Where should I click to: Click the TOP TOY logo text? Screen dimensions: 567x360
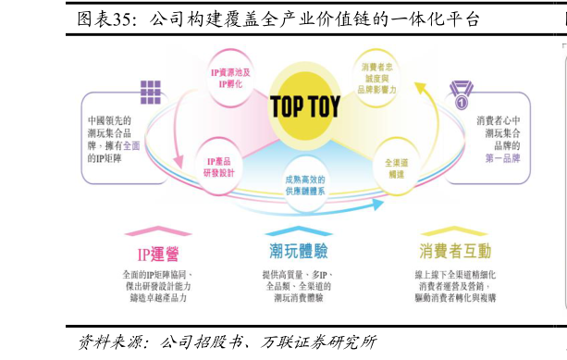point(304,106)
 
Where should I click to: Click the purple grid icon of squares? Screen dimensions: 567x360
point(150,92)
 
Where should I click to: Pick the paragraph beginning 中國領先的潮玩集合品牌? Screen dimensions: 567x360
point(116,138)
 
